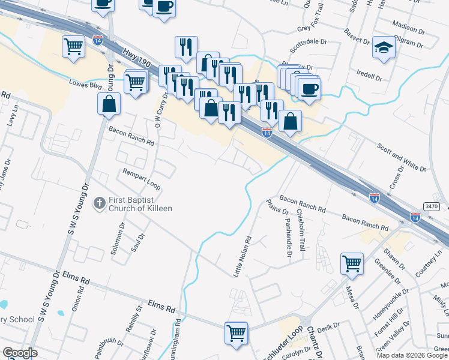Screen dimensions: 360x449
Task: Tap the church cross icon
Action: (x=100, y=204)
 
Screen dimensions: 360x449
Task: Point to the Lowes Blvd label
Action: (x=85, y=84)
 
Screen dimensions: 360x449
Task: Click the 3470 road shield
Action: (x=431, y=206)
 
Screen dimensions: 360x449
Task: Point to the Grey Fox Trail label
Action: (x=310, y=28)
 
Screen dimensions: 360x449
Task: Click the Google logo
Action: (x=20, y=353)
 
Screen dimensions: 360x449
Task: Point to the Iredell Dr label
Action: (x=369, y=77)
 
